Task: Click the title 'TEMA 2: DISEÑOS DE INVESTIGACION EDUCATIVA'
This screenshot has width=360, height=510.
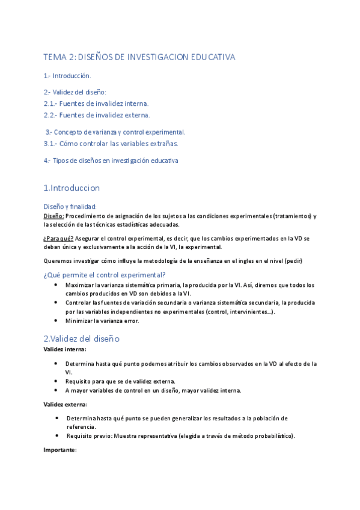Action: point(139,57)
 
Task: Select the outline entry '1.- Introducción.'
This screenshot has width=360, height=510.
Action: point(67,76)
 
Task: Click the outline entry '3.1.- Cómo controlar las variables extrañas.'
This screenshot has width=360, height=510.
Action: point(111,143)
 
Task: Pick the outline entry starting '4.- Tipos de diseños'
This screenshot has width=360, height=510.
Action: point(111,161)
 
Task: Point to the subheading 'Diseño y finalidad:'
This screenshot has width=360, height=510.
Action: point(70,206)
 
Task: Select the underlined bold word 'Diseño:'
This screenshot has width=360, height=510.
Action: point(54,216)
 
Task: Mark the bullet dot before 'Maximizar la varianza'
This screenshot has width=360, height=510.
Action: point(56,284)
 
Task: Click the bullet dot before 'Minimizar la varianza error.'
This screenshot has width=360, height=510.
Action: point(56,321)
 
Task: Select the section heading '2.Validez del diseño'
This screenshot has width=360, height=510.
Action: point(82,338)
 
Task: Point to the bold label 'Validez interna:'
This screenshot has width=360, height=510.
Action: point(65,349)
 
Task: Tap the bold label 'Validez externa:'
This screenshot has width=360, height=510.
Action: point(66,404)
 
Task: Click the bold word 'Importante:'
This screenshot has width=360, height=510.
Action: point(60,449)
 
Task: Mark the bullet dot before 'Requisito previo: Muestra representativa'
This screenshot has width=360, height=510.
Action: point(56,435)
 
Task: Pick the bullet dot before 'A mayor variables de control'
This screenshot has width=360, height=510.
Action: point(56,390)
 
